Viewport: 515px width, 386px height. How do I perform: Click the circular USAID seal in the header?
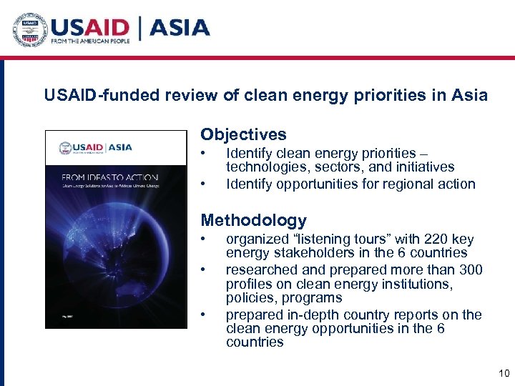click(30, 30)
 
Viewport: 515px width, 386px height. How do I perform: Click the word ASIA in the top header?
click(180, 28)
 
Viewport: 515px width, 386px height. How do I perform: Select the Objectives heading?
click(243, 134)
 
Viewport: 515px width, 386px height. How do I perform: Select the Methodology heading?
click(253, 220)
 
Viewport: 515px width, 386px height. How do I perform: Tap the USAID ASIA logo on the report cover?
click(96, 147)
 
